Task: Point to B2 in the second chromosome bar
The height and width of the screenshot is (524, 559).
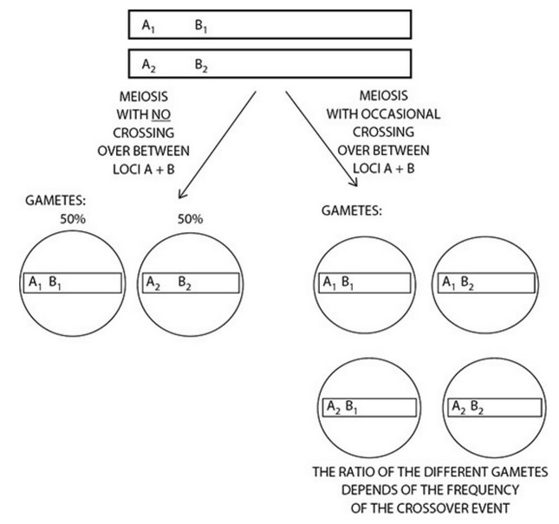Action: pos(200,65)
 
